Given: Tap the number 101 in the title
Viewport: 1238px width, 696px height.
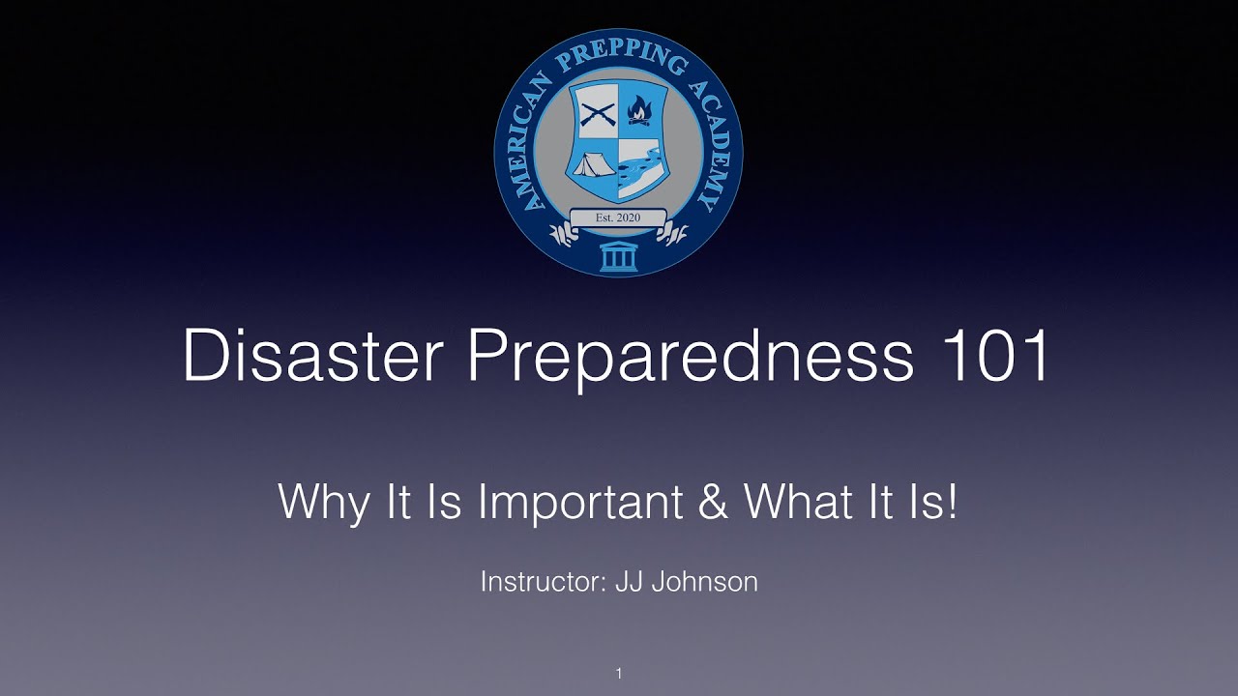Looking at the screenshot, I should [x=995, y=356].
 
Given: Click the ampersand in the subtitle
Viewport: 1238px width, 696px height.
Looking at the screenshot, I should [x=711, y=502].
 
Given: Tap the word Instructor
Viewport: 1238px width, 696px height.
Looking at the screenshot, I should [x=543, y=582].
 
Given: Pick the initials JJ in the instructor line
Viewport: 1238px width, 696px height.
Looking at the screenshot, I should [x=630, y=582].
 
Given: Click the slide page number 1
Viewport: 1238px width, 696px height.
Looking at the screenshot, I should [x=619, y=674].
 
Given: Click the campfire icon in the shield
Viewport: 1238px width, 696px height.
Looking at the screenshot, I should [x=639, y=112].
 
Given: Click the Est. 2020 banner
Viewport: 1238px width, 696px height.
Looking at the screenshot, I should [x=618, y=217].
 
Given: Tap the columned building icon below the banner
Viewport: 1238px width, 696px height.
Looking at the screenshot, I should [x=618, y=258].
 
